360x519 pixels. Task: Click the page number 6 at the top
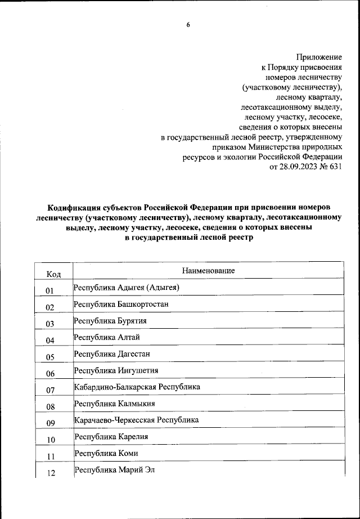[188, 24]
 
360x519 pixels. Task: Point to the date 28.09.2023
[304, 167]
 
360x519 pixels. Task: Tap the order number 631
[336, 167]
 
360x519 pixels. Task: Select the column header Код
[54, 274]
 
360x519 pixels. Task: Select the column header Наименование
[208, 271]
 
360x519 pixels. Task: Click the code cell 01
[49, 291]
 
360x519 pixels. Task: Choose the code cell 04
[49, 341]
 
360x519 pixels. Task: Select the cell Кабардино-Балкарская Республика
[137, 387]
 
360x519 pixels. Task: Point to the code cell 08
[49, 407]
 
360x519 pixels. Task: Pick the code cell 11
[49, 457]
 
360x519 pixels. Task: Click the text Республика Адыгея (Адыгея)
[126, 288]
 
